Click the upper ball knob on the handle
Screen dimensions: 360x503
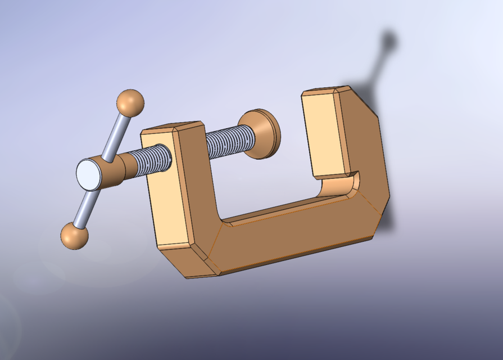[x=130, y=103]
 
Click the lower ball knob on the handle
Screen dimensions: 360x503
[x=75, y=236]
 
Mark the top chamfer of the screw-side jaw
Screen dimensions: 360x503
[x=171, y=126]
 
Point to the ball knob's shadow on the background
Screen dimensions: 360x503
[x=388, y=40]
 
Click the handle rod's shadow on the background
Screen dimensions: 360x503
[x=377, y=67]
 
